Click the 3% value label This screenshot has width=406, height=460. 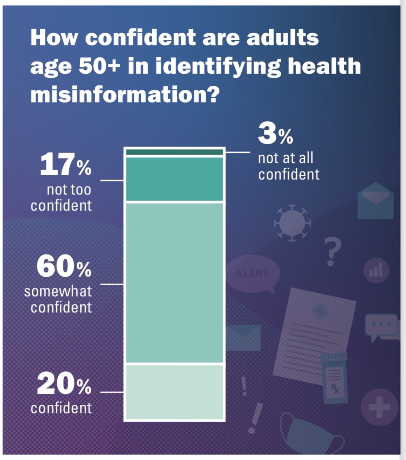point(275,134)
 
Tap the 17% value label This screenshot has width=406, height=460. point(66,165)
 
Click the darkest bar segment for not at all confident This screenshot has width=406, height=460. point(175,152)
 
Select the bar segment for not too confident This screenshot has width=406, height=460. point(175,179)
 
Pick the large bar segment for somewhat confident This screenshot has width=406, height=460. point(175,283)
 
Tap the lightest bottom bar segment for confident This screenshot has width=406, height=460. point(175,392)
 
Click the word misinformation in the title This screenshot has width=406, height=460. point(125,94)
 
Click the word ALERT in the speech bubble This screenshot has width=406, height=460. point(252,273)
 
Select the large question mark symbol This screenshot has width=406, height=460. point(332,252)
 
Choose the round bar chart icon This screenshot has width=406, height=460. point(376,271)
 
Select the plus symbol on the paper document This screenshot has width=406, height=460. point(320,312)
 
